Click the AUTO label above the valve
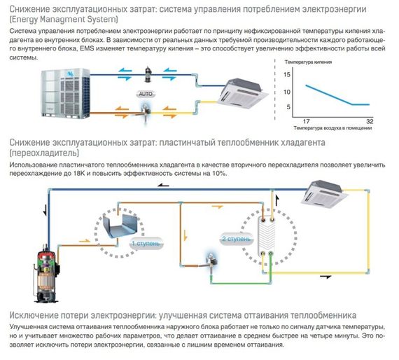tap(145, 92)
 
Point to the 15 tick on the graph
tap(288, 77)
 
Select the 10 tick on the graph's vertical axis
tap(288, 92)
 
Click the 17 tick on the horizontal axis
tap(305, 121)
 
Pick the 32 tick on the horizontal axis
tap(370, 121)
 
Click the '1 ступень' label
tap(145, 244)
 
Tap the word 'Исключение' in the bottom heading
tap(34, 315)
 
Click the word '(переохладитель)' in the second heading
tap(44, 152)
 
